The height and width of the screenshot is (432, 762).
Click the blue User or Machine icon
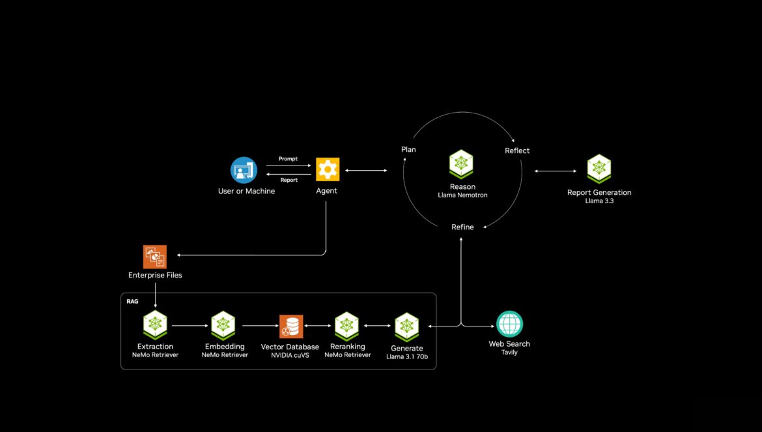[244, 170]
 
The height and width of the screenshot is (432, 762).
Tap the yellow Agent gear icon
[328, 169]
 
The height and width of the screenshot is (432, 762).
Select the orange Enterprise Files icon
[155, 257]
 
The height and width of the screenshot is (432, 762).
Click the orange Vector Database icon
[291, 326]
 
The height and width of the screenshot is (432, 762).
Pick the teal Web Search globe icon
[509, 324]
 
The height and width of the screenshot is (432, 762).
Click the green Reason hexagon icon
[461, 164]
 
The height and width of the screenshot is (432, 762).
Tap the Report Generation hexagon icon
[599, 169]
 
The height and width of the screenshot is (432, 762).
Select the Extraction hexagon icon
[155, 325]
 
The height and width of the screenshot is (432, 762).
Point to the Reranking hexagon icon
[346, 326]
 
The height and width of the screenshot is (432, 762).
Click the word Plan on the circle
[408, 149]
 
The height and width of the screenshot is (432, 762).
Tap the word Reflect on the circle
[517, 151]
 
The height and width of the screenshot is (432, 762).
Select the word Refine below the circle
[462, 227]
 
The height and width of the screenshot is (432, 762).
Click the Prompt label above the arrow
[288, 159]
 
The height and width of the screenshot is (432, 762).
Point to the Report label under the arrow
[289, 180]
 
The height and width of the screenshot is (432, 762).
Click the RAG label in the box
[132, 301]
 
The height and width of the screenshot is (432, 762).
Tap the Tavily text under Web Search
[509, 353]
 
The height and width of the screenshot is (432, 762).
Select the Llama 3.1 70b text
[407, 356]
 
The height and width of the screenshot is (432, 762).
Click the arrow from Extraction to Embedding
[190, 326]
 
